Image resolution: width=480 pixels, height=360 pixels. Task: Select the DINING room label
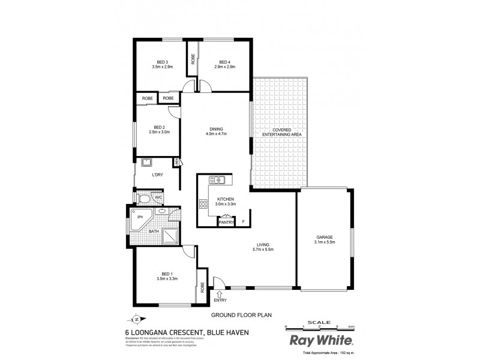[x=217, y=128]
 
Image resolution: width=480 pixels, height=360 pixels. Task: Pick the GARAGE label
[x=325, y=237]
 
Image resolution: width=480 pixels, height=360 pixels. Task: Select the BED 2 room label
[x=159, y=127]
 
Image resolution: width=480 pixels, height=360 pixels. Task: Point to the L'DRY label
[x=158, y=175]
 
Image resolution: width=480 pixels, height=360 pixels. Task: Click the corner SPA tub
[x=139, y=218]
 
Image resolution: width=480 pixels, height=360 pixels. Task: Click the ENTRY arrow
[x=220, y=294]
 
